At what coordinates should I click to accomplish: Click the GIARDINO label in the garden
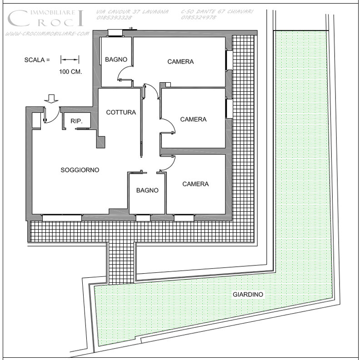point(248,295)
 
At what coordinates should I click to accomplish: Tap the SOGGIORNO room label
point(80,170)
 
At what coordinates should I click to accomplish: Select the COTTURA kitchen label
point(121,112)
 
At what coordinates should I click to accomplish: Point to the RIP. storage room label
point(76,121)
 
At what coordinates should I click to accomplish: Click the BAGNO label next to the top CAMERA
point(116,60)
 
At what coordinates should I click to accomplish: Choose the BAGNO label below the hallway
point(147,190)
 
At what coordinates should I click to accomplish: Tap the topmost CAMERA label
point(180,61)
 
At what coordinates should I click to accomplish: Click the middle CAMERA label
point(193,120)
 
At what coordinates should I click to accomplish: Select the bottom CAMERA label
point(195,184)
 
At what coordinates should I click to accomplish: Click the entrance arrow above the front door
point(51,99)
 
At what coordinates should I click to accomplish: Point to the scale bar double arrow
point(70,60)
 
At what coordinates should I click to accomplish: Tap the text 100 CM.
point(70,72)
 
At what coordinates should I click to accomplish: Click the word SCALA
point(35,60)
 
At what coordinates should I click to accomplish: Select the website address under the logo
point(47,34)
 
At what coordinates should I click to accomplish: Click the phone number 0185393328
point(114,18)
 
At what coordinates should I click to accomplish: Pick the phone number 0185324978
point(199,17)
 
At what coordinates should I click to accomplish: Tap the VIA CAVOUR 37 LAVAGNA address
point(132,12)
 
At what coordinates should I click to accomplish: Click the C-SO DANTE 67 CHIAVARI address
point(217,11)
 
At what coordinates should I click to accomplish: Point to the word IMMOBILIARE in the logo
point(53,12)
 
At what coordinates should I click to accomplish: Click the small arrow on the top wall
point(131,28)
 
